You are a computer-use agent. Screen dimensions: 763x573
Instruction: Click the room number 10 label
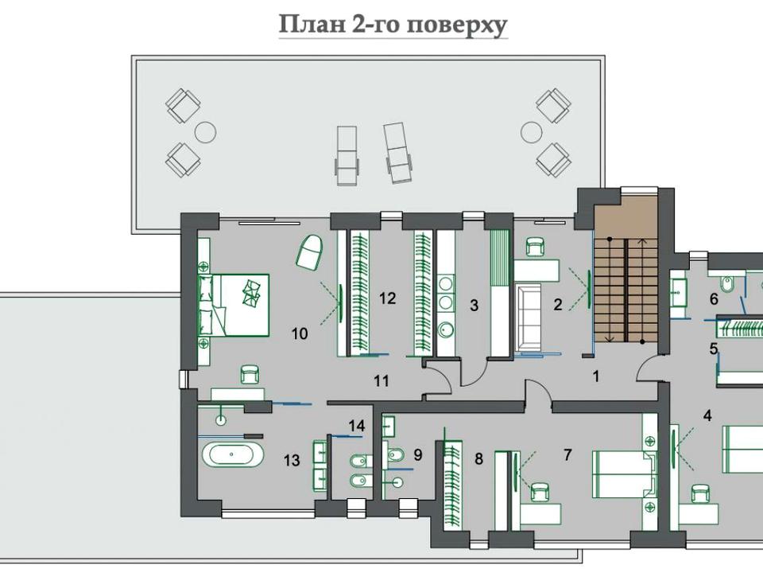300,333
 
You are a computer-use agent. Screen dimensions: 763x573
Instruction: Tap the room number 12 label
387,298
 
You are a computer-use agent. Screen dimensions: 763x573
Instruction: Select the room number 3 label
474,306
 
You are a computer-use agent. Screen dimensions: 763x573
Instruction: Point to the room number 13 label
292,460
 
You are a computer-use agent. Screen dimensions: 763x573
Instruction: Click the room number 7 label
567,454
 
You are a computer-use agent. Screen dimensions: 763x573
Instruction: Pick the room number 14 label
357,426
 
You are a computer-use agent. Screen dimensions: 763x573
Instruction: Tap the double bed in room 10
234,305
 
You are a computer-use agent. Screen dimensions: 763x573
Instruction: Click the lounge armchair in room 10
309,251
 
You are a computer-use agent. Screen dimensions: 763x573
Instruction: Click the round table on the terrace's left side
205,131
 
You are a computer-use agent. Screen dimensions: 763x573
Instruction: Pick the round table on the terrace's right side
532,131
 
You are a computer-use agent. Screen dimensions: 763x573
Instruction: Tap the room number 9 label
417,455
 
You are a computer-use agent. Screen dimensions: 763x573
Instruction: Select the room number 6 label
714,298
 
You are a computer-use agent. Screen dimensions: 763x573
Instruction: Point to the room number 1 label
595,376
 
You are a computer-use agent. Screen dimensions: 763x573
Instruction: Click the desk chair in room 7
540,492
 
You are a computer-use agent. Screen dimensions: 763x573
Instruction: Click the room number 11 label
381,380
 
